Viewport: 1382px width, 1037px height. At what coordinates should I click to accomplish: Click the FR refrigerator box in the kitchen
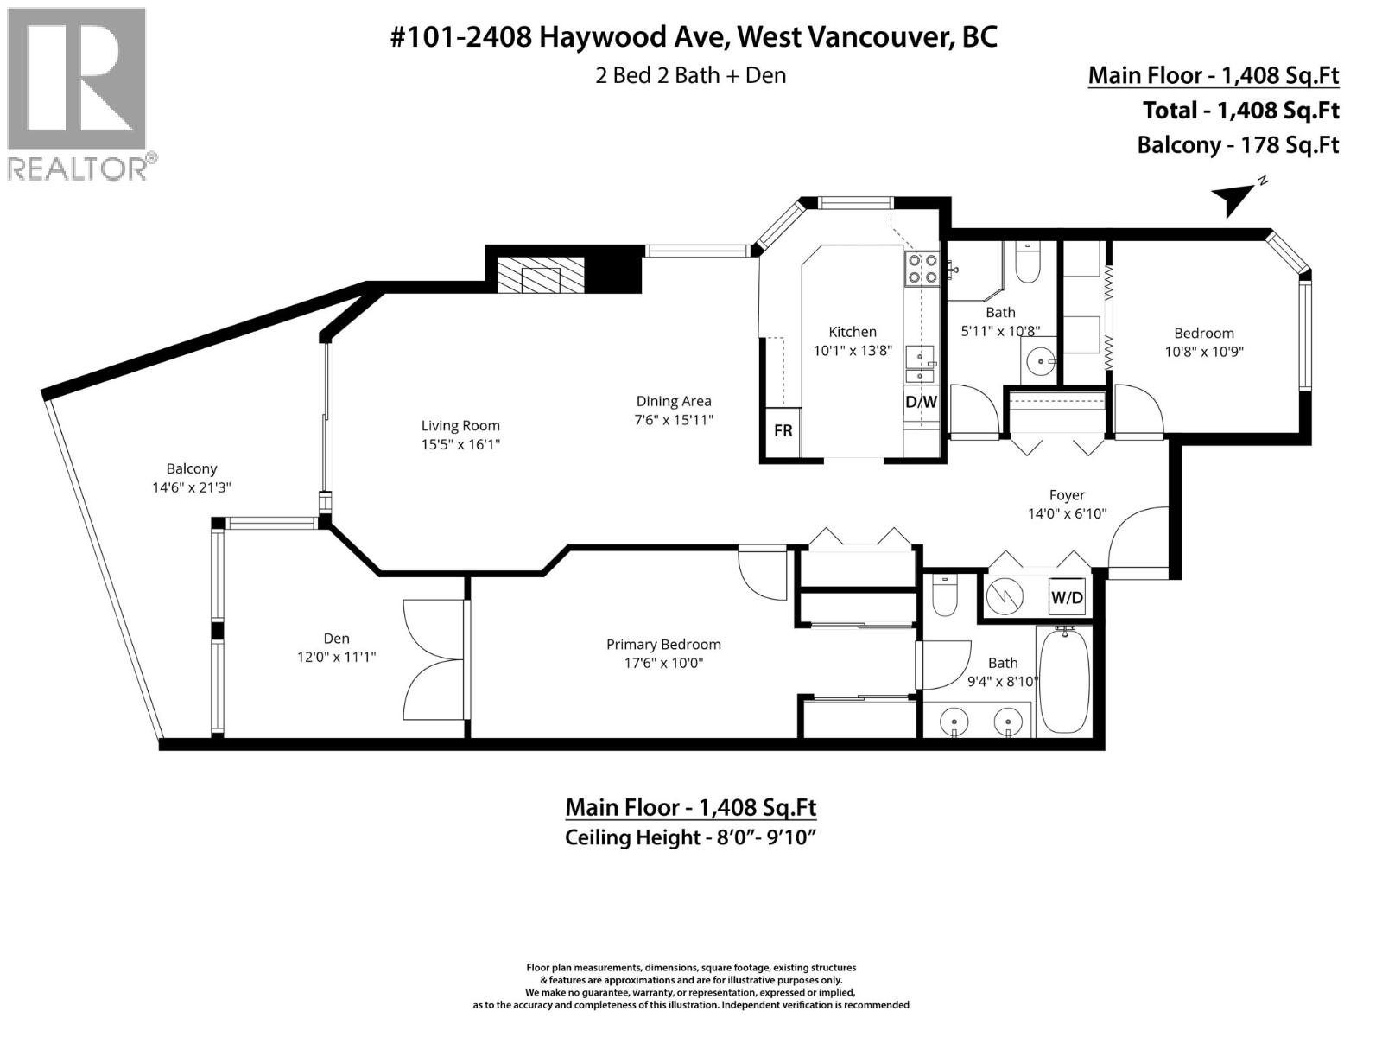click(x=783, y=430)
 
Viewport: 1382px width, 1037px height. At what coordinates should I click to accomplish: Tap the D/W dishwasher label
click(x=921, y=402)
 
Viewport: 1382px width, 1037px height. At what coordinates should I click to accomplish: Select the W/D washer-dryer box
click(x=1066, y=597)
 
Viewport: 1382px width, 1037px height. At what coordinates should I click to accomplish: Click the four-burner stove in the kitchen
click(x=921, y=268)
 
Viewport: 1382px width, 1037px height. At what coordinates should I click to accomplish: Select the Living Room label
click(x=460, y=425)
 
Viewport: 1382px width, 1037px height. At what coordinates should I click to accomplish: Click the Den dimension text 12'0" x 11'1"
click(x=336, y=657)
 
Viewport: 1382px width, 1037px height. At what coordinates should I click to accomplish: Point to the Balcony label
click(x=192, y=468)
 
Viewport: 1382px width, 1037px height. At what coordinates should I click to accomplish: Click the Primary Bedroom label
click(x=663, y=644)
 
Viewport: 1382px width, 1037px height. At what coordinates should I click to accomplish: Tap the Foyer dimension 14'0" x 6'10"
click(x=1067, y=513)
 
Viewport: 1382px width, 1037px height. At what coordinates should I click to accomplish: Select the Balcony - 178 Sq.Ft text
click(x=1237, y=144)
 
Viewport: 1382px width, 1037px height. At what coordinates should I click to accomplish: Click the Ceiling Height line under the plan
click(x=690, y=837)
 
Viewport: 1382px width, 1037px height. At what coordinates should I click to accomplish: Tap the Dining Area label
click(x=674, y=401)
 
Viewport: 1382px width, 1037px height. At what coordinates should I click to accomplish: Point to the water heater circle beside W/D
click(x=1005, y=595)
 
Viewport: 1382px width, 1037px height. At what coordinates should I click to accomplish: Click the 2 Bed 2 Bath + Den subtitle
click(x=690, y=75)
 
